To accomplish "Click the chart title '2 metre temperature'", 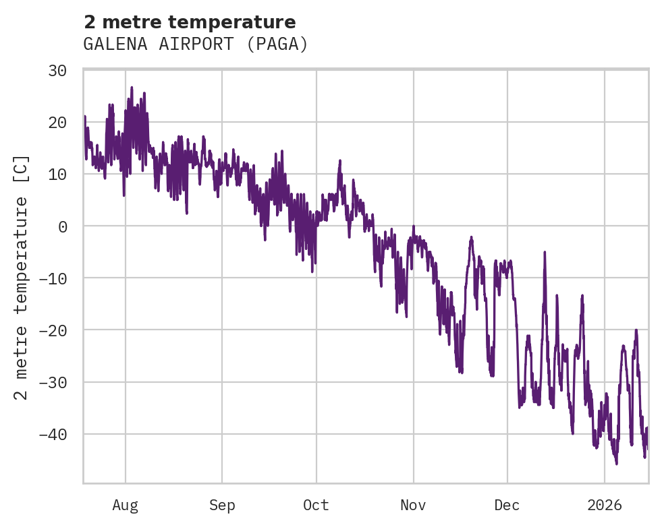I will [x=190, y=22].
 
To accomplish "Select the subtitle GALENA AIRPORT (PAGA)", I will [x=196, y=44].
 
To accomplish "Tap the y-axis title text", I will [x=22, y=278].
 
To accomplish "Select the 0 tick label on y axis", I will [x=63, y=226].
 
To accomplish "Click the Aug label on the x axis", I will [x=126, y=505].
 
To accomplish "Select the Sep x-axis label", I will [x=222, y=505].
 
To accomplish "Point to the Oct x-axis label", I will [x=316, y=505].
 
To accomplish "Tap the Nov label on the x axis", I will [x=413, y=505].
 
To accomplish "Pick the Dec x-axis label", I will [x=507, y=505].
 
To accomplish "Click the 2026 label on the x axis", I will [x=604, y=505].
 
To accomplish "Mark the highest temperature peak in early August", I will [x=132, y=87].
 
